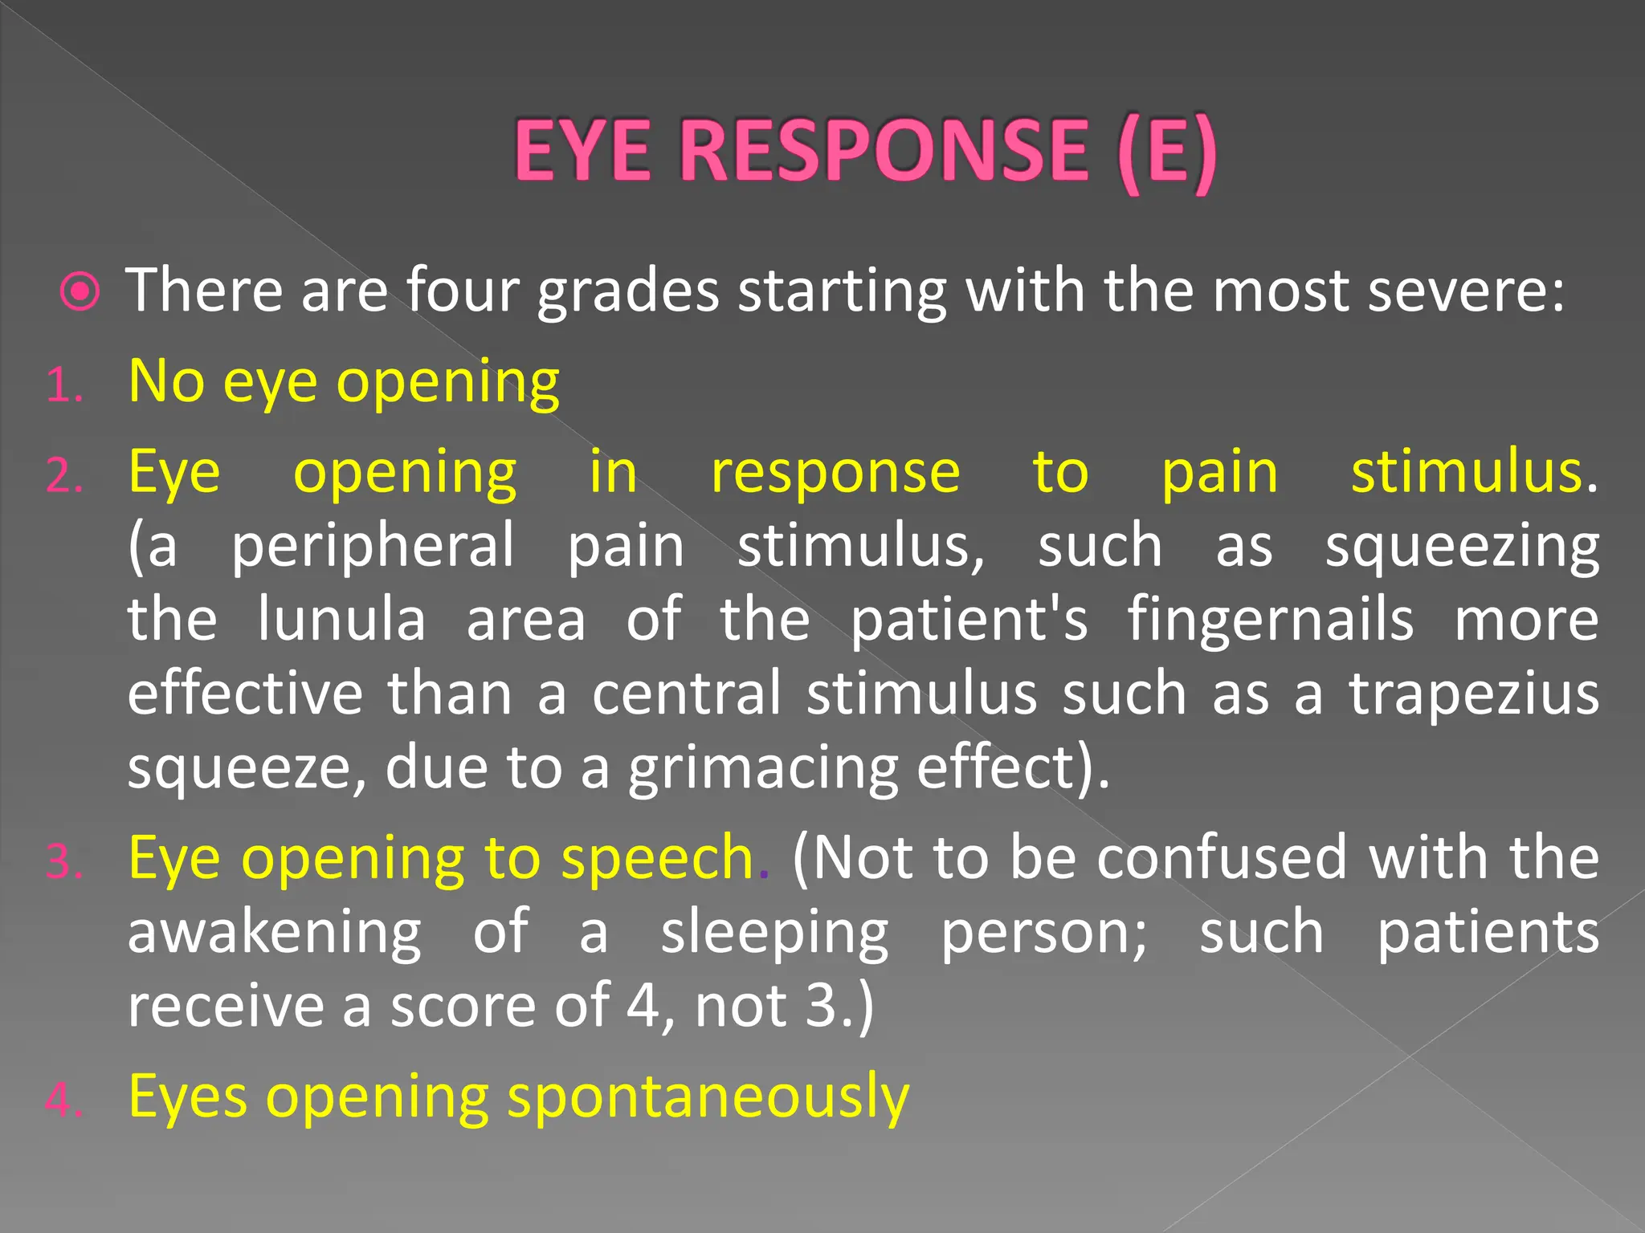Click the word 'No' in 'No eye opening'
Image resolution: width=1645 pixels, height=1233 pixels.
(x=166, y=382)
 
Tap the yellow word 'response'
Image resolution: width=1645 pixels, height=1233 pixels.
(x=835, y=473)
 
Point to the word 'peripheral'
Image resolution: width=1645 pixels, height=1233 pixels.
(x=373, y=546)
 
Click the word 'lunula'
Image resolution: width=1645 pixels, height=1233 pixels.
(x=341, y=620)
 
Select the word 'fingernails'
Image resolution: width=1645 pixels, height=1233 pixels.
(x=1271, y=621)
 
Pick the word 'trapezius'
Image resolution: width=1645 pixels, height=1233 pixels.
(x=1474, y=695)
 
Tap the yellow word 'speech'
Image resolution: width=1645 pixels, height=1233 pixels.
(x=657, y=859)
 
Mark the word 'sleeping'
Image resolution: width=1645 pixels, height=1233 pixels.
(x=774, y=934)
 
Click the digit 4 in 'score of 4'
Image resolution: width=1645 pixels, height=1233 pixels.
(x=643, y=1007)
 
